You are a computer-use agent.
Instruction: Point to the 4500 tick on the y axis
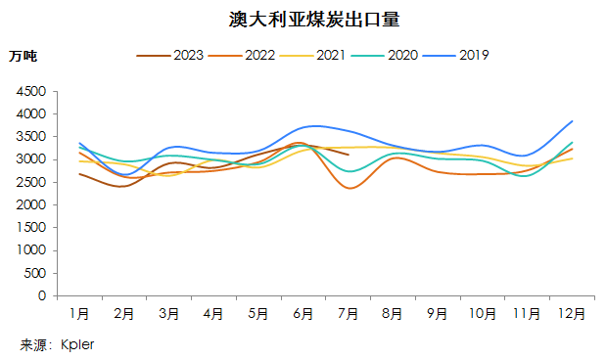tap(30, 91)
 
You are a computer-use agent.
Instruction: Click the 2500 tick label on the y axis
tap(30, 182)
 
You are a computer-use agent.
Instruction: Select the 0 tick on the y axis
tap(42, 295)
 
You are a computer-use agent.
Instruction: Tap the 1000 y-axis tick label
tap(30, 250)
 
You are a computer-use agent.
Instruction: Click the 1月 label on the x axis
tap(79, 315)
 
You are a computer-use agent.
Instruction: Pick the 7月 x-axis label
tap(349, 315)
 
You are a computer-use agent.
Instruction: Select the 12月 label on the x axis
tap(572, 315)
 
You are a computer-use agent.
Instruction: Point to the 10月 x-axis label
tap(483, 315)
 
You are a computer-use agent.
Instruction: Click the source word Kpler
tap(76, 344)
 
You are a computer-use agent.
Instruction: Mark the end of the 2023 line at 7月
tap(349, 155)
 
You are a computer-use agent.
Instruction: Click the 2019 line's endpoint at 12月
tap(572, 121)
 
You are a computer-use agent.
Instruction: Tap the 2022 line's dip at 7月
tap(350, 188)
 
